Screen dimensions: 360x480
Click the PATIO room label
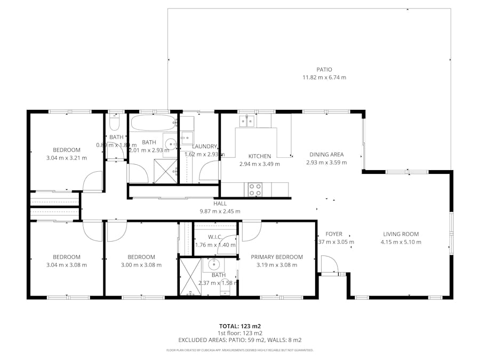(x=324, y=69)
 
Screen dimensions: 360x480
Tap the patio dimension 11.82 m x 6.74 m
(x=324, y=77)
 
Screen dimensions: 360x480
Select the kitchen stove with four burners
(x=255, y=189)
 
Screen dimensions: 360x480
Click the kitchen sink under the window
(x=246, y=122)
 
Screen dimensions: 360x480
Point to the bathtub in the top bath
(x=153, y=124)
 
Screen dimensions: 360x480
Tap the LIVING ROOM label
(x=401, y=234)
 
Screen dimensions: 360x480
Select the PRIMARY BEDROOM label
(x=277, y=257)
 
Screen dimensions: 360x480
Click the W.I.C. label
(x=215, y=237)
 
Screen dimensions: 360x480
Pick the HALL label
(x=220, y=203)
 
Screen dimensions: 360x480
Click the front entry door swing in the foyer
(x=329, y=265)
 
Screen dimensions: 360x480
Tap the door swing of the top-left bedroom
(x=92, y=181)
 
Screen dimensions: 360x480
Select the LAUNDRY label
(x=205, y=146)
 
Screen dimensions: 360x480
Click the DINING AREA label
(x=326, y=155)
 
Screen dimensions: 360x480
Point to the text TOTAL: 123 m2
(x=239, y=325)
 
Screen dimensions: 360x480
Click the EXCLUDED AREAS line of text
(x=239, y=340)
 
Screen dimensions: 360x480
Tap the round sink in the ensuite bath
(x=215, y=264)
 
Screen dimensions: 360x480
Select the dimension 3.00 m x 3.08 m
(x=141, y=265)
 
